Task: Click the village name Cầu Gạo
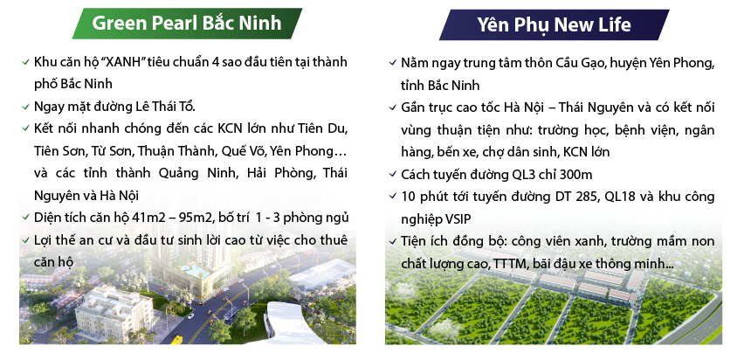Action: pyautogui.click(x=575, y=64)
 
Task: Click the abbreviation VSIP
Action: pyautogui.click(x=468, y=218)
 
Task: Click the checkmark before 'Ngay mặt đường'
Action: pyautogui.click(x=26, y=107)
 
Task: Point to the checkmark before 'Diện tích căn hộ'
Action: pyautogui.click(x=26, y=218)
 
